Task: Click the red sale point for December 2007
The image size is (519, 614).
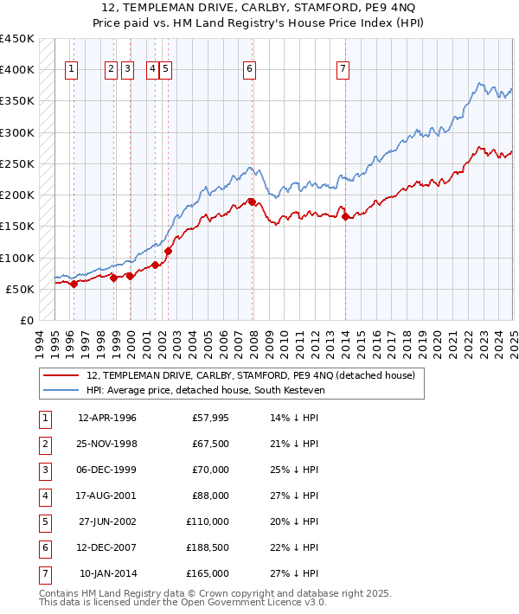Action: tap(252, 201)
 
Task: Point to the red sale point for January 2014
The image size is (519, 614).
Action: tap(345, 217)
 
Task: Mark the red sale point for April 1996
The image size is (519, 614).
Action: tap(74, 284)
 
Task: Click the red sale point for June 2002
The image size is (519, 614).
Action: tap(168, 251)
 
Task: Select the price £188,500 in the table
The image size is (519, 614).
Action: tap(208, 547)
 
